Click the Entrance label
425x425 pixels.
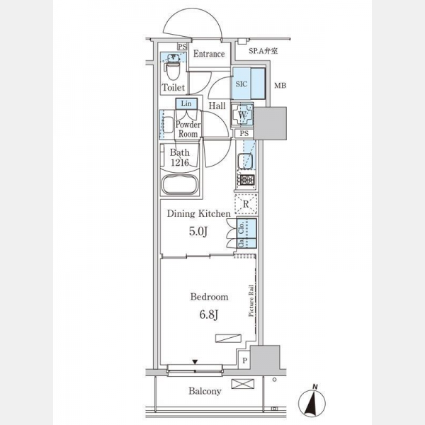pyautogui.click(x=209, y=54)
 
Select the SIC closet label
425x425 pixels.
pyautogui.click(x=241, y=83)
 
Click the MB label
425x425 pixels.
pyautogui.click(x=280, y=87)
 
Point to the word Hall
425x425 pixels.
pyautogui.click(x=217, y=106)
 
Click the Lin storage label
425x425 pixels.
pyautogui.click(x=186, y=104)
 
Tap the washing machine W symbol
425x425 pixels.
pyautogui.click(x=242, y=114)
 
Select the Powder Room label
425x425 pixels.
pyautogui.click(x=188, y=129)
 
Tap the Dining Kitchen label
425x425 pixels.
pyautogui.click(x=198, y=213)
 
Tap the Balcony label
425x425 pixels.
pyautogui.click(x=205, y=391)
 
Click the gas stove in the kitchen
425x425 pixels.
pyautogui.click(x=244, y=179)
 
